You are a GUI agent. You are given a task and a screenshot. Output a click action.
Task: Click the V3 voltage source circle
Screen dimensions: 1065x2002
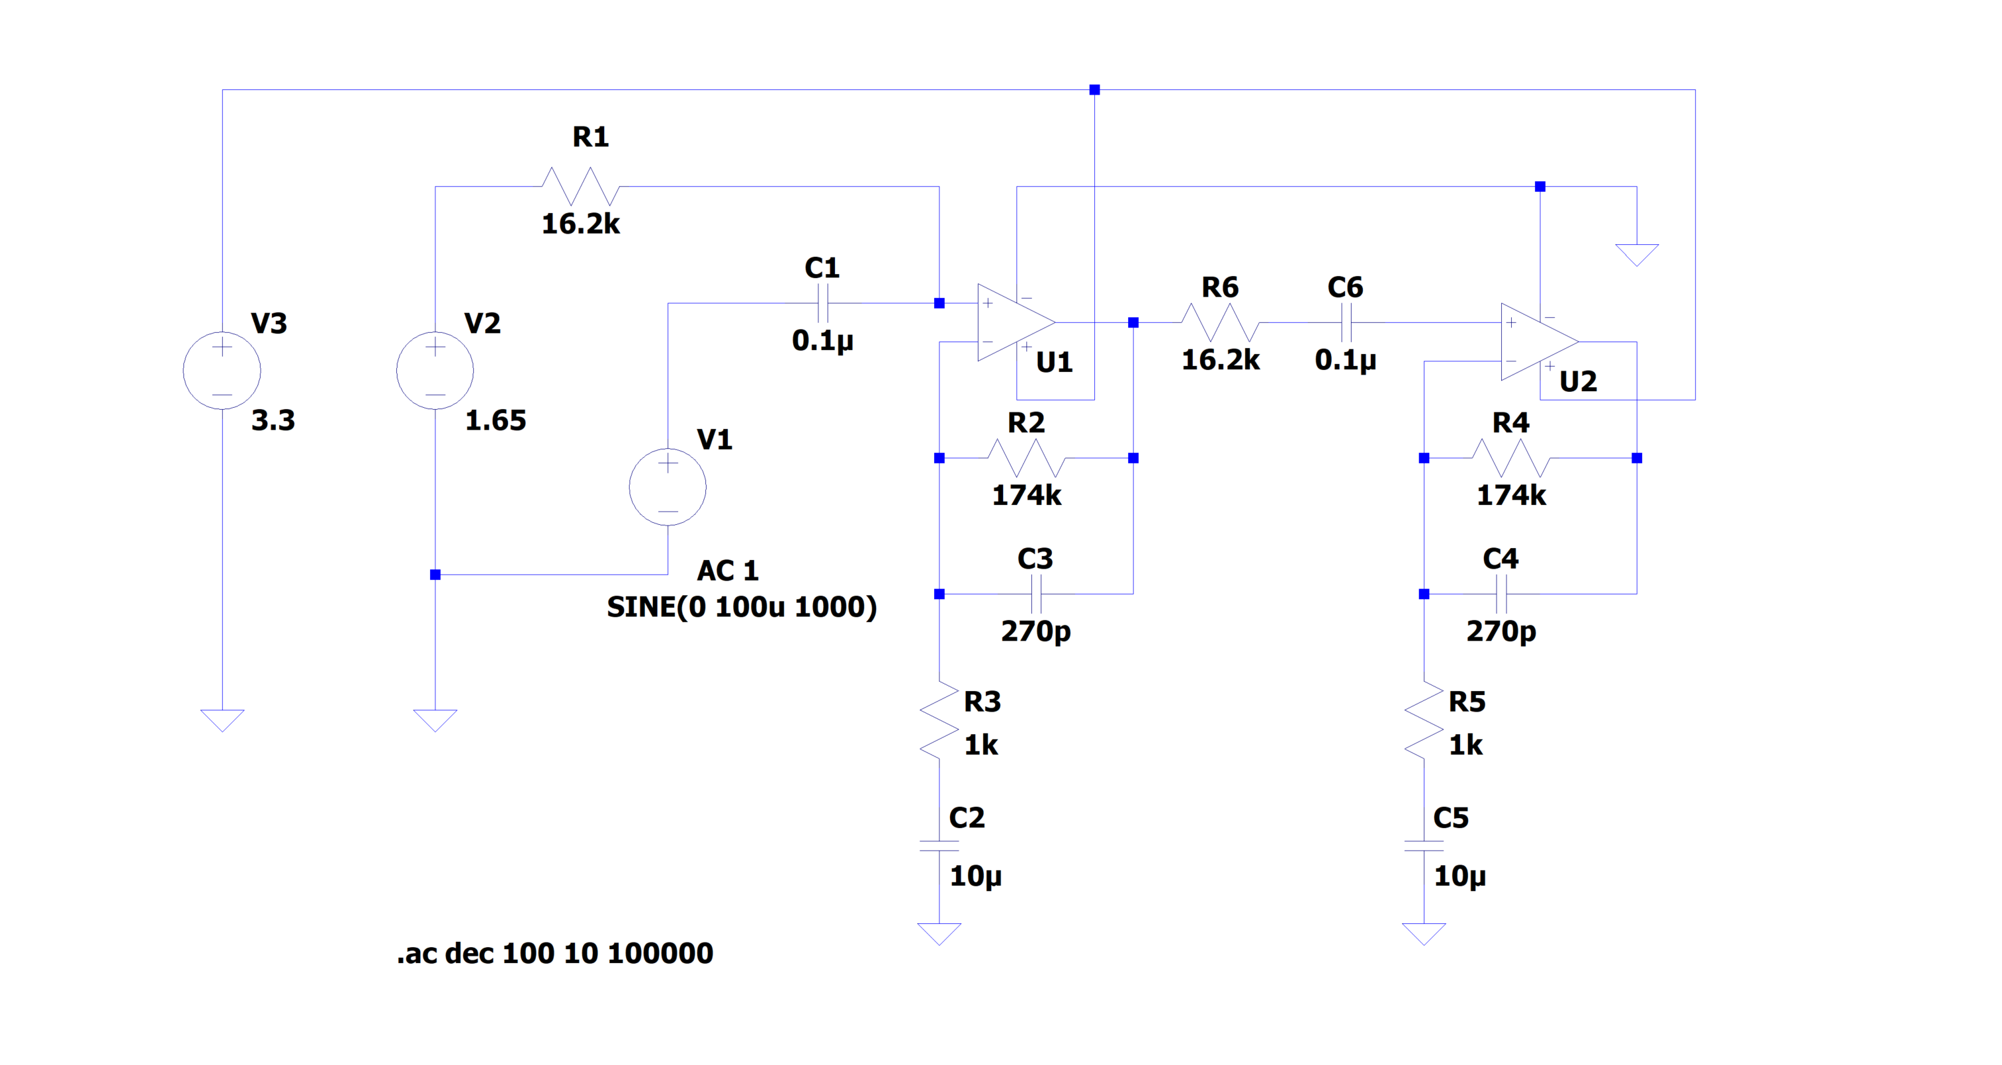222,370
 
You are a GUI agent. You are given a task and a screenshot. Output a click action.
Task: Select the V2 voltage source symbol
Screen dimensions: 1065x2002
435,370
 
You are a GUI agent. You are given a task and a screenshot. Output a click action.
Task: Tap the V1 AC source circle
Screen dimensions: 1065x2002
668,486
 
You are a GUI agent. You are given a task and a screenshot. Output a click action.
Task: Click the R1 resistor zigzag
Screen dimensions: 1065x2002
580,187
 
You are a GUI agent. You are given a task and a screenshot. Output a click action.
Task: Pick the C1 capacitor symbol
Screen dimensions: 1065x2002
823,302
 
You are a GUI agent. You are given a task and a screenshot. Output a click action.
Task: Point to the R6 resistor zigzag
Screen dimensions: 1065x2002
1220,322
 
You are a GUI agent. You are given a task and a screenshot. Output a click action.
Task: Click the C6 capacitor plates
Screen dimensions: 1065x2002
1347,322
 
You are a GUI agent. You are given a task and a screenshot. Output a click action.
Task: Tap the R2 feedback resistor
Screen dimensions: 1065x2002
1026,458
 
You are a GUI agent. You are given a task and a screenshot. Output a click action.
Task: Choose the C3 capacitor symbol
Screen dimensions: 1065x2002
1036,594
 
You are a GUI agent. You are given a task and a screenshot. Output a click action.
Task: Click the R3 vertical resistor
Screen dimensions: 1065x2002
939,720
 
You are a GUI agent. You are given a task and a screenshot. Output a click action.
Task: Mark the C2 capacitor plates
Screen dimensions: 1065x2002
939,846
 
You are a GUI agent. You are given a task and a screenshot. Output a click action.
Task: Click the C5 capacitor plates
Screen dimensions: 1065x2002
1424,846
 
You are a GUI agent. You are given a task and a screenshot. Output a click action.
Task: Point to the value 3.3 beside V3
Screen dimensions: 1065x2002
273,420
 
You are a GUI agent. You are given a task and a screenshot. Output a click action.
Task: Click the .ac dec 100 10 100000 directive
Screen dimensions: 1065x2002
555,953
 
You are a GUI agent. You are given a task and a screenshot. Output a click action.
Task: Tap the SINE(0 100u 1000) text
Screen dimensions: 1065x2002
742,607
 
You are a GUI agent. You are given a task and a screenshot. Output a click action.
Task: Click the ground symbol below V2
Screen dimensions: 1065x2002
435,720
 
